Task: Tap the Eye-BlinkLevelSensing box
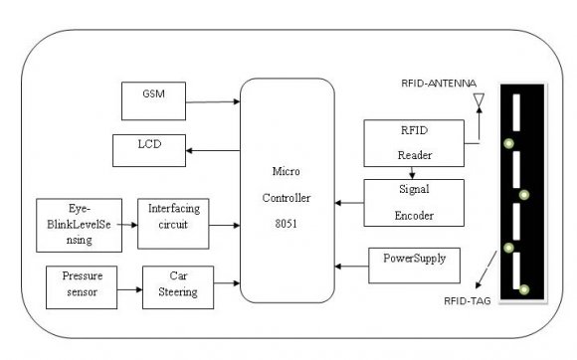77,225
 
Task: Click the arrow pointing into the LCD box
214,150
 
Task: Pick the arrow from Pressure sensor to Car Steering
126,290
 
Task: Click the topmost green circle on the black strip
508,144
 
